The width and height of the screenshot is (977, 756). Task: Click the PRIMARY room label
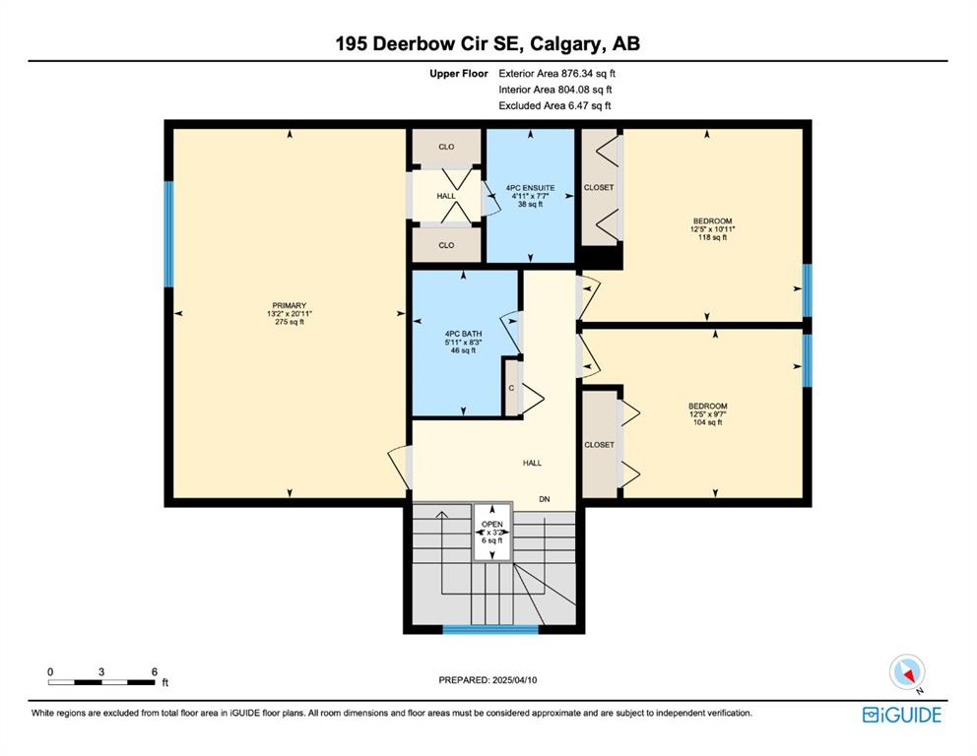[x=290, y=306]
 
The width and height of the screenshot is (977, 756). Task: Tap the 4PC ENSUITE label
[x=530, y=188]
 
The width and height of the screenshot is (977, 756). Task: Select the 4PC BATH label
[x=463, y=334]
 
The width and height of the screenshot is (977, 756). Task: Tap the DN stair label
[x=545, y=499]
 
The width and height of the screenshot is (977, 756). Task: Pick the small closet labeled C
[x=511, y=388]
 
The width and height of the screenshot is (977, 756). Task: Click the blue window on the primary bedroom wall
[x=168, y=233]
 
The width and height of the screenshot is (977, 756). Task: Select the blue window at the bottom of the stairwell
[x=490, y=630]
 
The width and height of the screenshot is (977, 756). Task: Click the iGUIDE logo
[x=901, y=715]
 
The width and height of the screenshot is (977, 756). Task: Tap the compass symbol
[x=907, y=672]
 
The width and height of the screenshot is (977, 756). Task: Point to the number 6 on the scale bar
[x=154, y=672]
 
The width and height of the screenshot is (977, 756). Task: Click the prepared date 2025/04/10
[x=514, y=680]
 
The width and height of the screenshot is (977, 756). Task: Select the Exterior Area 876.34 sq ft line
[x=557, y=74]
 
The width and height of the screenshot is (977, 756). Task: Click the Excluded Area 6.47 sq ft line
[x=554, y=106]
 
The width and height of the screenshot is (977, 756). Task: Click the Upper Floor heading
[x=459, y=74]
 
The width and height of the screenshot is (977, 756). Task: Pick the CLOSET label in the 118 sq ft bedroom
[x=599, y=187]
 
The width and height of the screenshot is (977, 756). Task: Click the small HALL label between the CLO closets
[x=446, y=196]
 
